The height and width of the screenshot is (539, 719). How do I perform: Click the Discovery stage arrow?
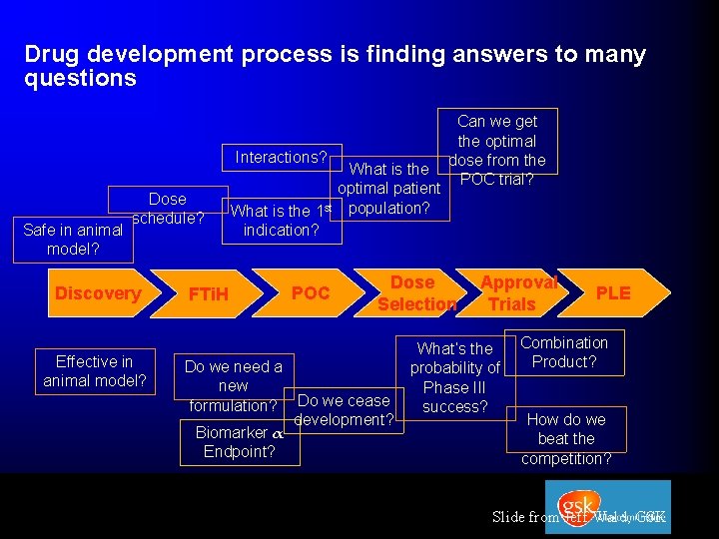point(98,292)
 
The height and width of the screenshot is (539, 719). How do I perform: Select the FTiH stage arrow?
point(209,293)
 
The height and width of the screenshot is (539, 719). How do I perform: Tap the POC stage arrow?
point(310,292)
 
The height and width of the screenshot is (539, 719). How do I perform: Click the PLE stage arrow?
point(612,292)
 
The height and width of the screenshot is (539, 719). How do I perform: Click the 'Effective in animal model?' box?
point(94,371)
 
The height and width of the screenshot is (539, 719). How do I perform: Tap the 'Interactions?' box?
point(281,157)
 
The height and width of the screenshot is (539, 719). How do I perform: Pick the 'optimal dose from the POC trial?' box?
point(496,150)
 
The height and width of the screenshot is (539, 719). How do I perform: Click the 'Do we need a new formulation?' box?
point(233,385)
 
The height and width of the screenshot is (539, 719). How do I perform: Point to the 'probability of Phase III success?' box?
point(454,377)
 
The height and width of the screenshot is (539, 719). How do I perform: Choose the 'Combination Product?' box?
point(564,352)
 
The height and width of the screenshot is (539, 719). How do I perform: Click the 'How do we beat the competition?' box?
point(566,438)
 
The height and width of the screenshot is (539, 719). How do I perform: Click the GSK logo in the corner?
point(608,506)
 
